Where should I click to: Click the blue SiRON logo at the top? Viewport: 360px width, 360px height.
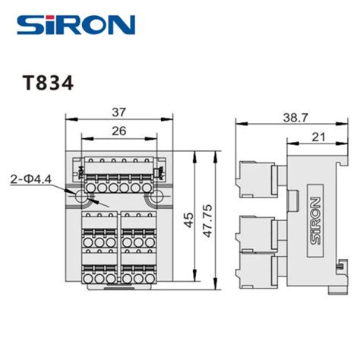coord(74,26)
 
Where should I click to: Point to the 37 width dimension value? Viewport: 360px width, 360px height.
coord(118,112)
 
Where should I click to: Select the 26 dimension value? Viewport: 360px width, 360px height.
coord(118,131)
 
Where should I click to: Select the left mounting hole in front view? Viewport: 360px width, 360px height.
coord(81,196)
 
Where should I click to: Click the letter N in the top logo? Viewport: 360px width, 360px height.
coord(122,27)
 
